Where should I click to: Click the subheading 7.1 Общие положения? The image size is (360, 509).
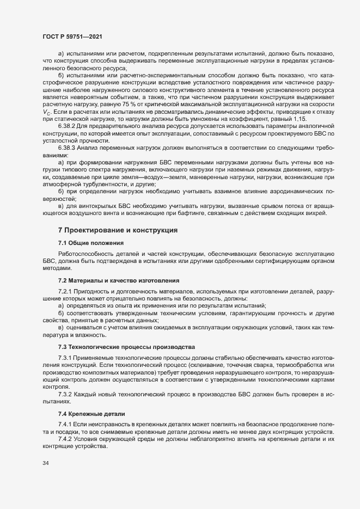click(91, 242)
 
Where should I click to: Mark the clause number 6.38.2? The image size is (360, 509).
click(68, 125)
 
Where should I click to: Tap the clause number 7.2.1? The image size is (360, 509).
click(65, 292)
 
